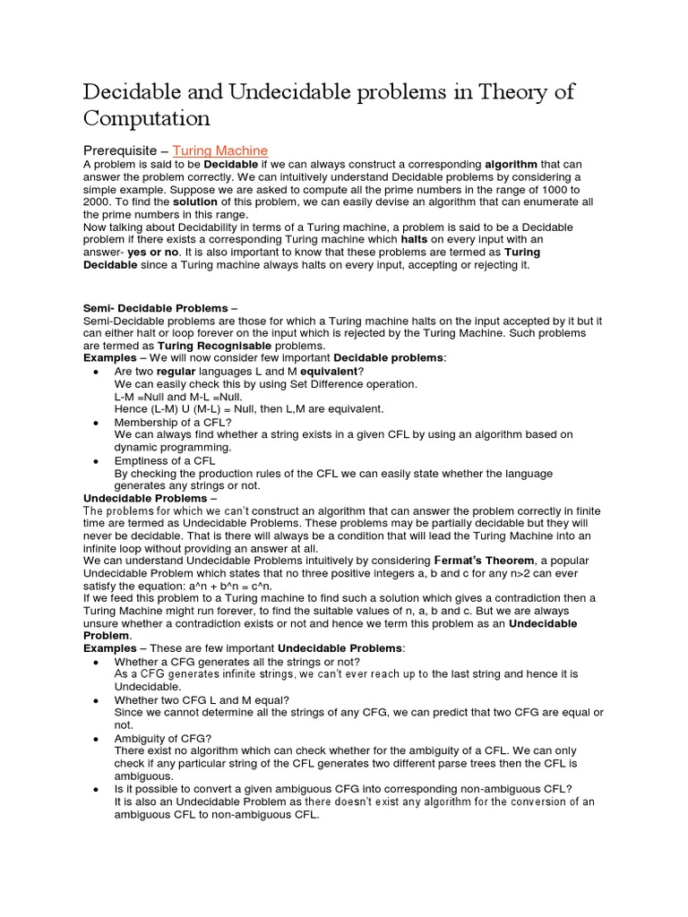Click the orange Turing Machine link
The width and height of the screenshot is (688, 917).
[219, 150]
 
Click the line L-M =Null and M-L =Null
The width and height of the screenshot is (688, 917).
[178, 396]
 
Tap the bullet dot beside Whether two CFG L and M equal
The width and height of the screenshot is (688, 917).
[96, 699]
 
